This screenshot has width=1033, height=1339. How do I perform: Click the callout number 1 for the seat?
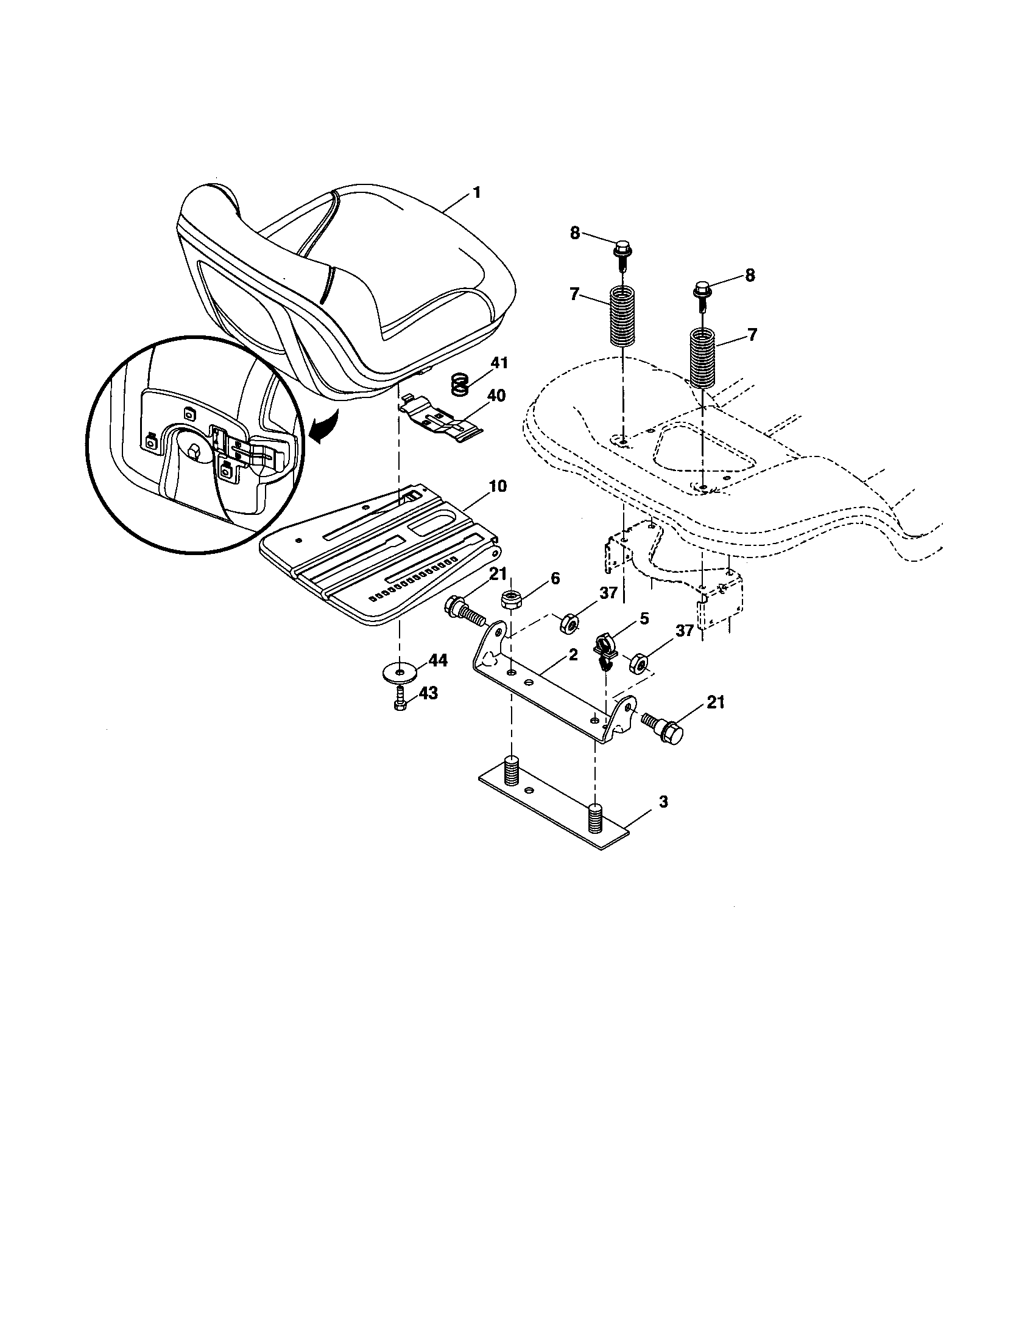coord(476,192)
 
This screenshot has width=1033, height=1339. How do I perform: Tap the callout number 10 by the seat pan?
coord(498,486)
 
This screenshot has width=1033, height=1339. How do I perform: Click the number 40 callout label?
coord(496,396)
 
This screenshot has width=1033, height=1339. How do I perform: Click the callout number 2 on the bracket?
coord(573,655)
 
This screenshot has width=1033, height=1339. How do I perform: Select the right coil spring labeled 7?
coord(703,357)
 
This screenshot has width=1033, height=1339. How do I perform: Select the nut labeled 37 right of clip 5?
coord(640,663)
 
